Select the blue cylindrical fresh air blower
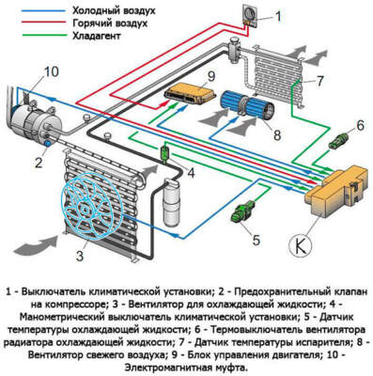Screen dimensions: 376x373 [246, 104]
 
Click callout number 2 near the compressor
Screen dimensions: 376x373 [38, 161]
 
